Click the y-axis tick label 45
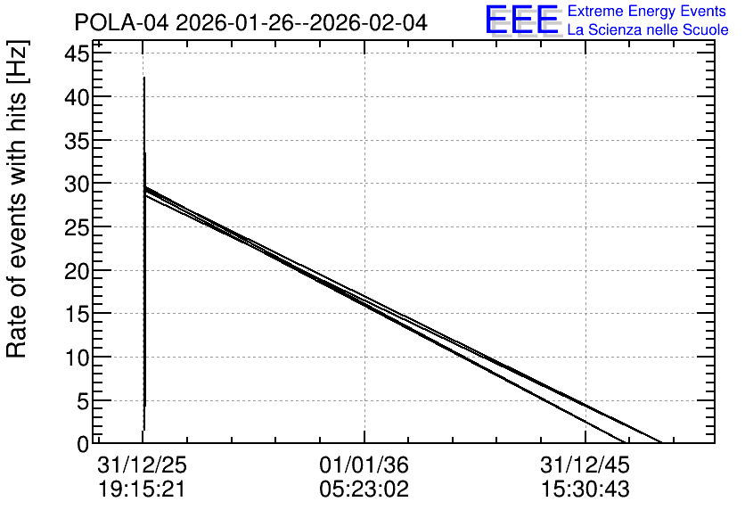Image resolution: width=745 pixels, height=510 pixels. (x=77, y=53)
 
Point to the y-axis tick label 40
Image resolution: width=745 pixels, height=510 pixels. (x=77, y=97)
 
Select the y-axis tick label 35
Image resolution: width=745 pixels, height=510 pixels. (x=77, y=141)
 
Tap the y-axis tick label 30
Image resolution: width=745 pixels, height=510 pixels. (x=77, y=184)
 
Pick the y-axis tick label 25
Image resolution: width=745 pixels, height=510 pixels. (x=77, y=227)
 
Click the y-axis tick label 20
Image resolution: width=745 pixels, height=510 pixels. (x=77, y=271)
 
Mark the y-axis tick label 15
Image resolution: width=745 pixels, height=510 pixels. (x=77, y=314)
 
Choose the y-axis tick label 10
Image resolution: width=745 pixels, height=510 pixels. (x=77, y=358)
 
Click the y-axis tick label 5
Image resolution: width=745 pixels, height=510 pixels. (x=84, y=401)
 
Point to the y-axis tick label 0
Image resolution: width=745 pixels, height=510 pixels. (x=84, y=445)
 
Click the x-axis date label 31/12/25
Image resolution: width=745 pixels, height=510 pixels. (x=142, y=465)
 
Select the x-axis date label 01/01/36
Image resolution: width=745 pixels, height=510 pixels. (x=364, y=465)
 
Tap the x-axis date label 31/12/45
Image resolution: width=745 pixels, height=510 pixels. (x=585, y=465)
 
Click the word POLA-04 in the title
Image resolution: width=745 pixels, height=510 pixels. (x=121, y=22)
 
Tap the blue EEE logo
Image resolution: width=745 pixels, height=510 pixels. (x=521, y=20)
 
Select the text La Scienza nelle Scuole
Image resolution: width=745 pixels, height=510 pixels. (x=648, y=29)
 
